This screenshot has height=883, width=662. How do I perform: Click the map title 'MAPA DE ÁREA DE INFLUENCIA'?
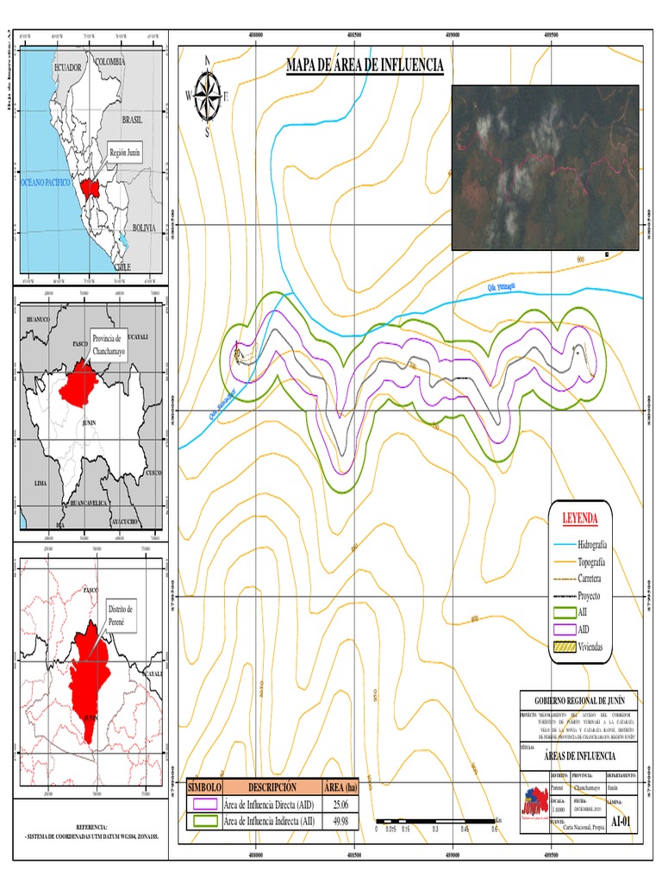365,66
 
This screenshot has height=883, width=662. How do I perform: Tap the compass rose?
207,95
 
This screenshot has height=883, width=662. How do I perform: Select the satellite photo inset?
545,167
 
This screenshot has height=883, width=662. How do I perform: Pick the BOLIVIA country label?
143,228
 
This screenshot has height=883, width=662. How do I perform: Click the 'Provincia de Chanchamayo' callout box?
109,341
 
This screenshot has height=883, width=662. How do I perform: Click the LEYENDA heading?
580,518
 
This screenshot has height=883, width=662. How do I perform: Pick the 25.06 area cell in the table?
338,805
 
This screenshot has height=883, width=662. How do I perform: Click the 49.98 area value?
338,821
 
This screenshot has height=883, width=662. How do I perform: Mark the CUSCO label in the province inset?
153,473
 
